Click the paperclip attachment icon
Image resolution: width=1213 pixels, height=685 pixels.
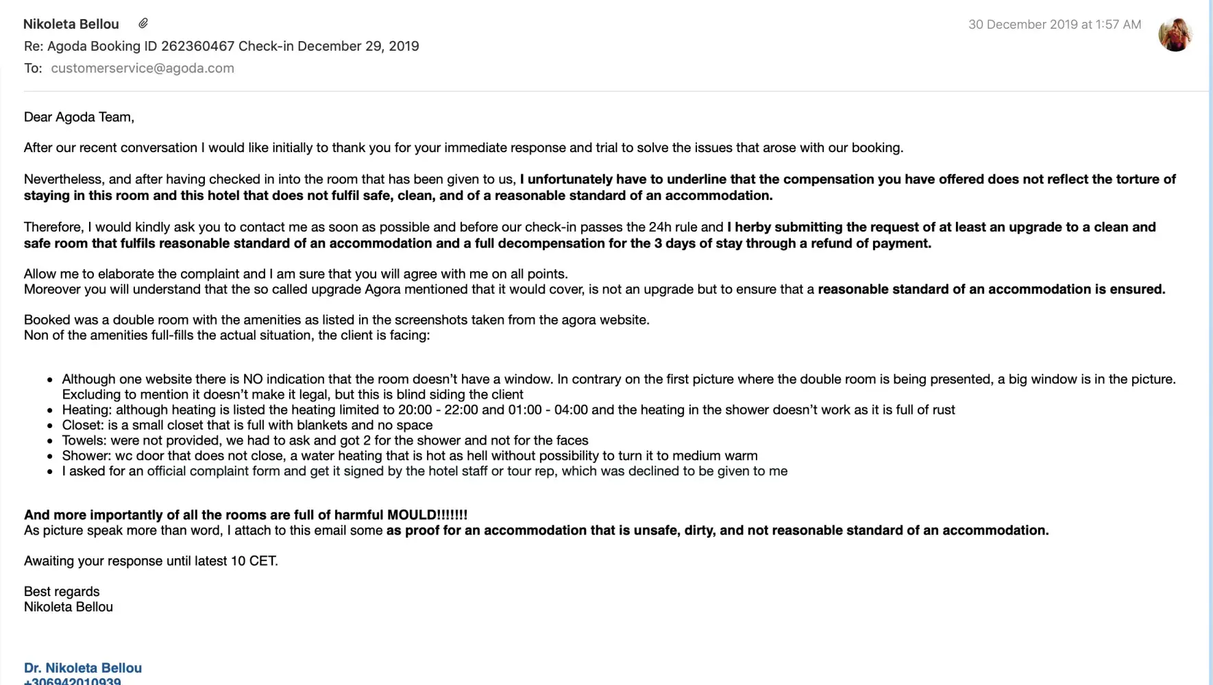tap(143, 24)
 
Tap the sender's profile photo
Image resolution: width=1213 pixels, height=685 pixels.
tap(1175, 34)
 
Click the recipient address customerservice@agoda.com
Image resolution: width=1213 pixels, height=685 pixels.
tap(143, 68)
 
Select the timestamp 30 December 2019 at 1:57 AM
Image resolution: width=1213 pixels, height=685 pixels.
tap(1054, 25)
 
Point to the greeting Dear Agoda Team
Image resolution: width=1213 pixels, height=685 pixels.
tap(79, 117)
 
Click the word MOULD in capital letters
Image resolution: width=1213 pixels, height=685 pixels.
tap(411, 515)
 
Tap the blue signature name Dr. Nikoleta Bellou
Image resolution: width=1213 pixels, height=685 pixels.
tap(83, 668)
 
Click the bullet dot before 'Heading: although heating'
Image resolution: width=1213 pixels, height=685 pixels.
tap(50, 410)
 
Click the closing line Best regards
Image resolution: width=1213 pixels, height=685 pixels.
tap(62, 592)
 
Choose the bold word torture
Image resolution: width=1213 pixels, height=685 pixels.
tap(1118, 179)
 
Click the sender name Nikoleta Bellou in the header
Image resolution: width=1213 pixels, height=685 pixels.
tap(71, 25)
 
